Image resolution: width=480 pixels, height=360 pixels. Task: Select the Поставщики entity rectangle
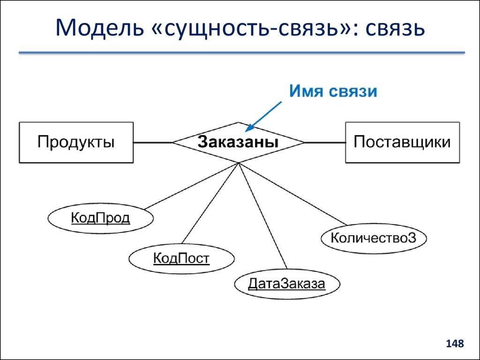(x=402, y=142)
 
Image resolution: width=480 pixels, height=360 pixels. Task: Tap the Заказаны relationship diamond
(x=238, y=142)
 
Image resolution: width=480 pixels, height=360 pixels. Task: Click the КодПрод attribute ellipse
(x=100, y=218)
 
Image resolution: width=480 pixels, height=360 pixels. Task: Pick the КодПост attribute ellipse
(x=181, y=258)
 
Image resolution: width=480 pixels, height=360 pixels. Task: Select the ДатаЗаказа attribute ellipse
(x=286, y=284)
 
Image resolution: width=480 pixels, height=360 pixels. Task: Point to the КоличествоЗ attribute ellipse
(x=374, y=238)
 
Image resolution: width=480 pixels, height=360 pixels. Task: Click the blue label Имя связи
(x=332, y=90)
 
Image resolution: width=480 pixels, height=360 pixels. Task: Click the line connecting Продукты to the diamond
(x=153, y=142)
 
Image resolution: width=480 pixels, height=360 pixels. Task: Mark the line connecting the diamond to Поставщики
(x=324, y=142)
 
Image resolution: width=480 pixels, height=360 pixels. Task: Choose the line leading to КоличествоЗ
(x=293, y=194)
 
